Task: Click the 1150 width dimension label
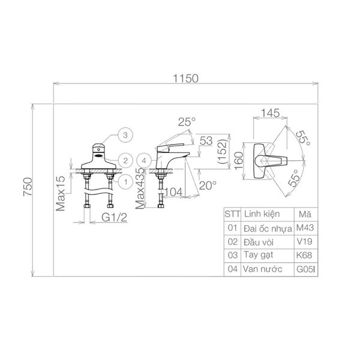tap(185, 79)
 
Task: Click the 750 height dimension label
tap(28, 187)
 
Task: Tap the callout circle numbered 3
tap(125, 135)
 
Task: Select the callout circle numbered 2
tap(125, 160)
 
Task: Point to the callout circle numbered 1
tap(125, 182)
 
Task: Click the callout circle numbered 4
tap(144, 160)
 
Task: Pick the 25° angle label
tap(187, 122)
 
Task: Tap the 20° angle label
tap(208, 185)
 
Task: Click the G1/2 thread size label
tap(114, 217)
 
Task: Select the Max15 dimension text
tap(61, 193)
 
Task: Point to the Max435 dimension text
tap(140, 188)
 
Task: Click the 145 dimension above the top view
tap(271, 113)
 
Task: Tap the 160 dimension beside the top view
tap(239, 160)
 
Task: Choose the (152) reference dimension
tap(222, 152)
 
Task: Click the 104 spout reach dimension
tap(173, 192)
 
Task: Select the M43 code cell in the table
tap(305, 228)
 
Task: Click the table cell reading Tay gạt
tap(258, 256)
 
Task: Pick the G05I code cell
tap(305, 269)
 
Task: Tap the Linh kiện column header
tap(262, 214)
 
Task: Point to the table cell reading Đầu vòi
tap(259, 242)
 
